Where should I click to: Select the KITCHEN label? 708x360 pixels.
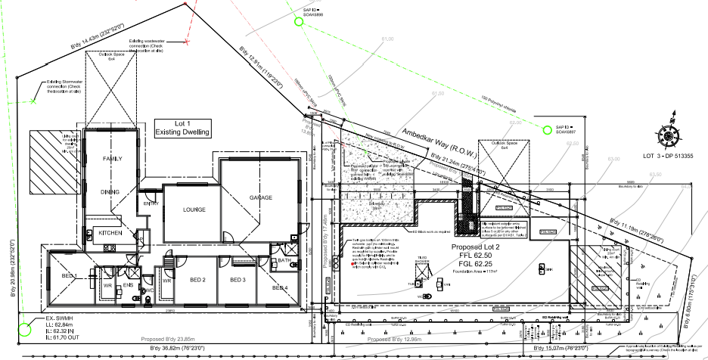(x=110, y=234)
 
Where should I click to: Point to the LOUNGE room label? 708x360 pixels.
(x=184, y=210)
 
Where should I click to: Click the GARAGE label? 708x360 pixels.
(x=261, y=197)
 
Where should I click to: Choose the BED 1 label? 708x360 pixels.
(x=70, y=276)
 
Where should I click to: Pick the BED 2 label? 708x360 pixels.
(x=198, y=281)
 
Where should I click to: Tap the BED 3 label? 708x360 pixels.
(x=238, y=281)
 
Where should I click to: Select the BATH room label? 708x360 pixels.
(x=284, y=261)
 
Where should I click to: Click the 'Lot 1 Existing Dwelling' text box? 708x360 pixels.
(x=182, y=127)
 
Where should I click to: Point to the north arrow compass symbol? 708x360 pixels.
(x=670, y=135)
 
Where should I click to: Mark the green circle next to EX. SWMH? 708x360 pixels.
(x=24, y=329)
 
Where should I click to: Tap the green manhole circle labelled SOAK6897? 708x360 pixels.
(x=548, y=129)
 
